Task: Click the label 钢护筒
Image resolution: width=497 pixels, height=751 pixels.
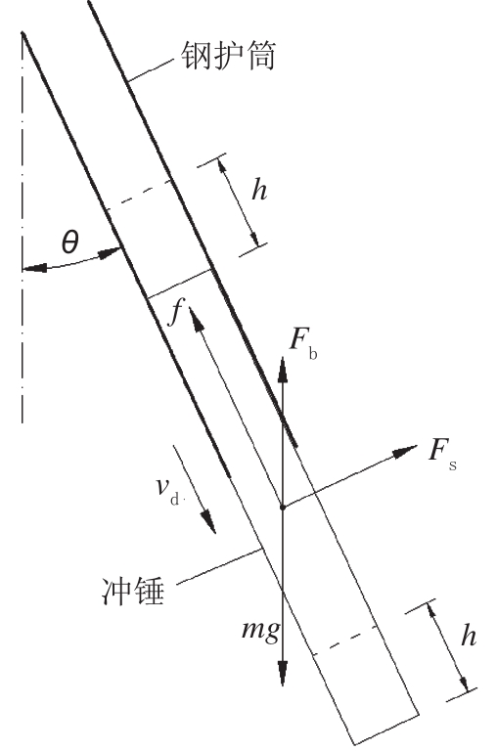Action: pos(228,56)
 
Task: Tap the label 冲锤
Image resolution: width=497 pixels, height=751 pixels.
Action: pos(133,591)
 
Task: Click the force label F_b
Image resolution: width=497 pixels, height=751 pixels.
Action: pos(303,343)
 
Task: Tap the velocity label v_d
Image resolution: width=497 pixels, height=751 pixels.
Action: pos(167,490)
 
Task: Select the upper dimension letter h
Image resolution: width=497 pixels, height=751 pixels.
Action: pos(259,191)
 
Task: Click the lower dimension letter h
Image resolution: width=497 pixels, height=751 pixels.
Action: pos(469,636)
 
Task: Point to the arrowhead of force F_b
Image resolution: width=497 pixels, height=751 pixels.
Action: pos(283,369)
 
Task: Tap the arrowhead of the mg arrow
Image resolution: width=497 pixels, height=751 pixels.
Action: pos(283,672)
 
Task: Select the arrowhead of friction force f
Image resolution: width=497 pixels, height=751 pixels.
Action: pos(196,319)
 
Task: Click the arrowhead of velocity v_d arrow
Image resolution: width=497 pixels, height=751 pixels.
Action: pos(209,521)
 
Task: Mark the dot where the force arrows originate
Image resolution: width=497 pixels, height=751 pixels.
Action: pos(283,507)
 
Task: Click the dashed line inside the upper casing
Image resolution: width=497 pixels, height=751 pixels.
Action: pos(138,196)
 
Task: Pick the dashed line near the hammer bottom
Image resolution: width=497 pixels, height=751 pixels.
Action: pos(345,641)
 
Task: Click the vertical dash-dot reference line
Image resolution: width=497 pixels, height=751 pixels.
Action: pos(23,228)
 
